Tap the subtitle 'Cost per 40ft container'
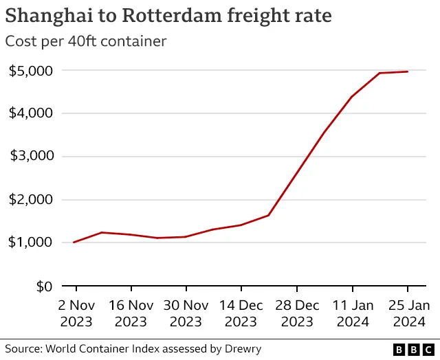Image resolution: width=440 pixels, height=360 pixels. [x=86, y=41]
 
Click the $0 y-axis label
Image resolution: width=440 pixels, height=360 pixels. [x=44, y=286]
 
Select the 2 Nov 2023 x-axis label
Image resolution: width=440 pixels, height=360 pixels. [x=76, y=313]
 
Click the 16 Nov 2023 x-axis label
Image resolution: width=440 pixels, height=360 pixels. [x=131, y=313]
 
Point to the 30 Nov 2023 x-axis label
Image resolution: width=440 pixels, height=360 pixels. [x=186, y=313]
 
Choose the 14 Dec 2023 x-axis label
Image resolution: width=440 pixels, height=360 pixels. [x=241, y=313]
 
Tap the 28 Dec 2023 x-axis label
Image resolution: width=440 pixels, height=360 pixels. [x=296, y=313]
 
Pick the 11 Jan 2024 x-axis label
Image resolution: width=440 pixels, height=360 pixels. [x=351, y=313]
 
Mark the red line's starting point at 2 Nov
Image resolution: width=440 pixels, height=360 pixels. [x=74, y=242]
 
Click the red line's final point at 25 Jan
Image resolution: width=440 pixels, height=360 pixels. [x=407, y=71]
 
